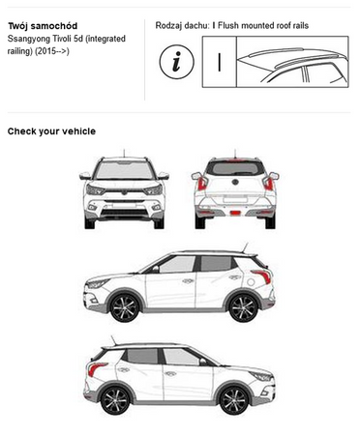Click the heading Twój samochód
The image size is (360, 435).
(x=43, y=26)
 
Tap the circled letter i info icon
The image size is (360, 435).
(x=176, y=62)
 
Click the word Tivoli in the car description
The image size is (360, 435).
(x=63, y=39)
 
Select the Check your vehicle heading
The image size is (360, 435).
(x=51, y=131)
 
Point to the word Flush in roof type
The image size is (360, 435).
(x=228, y=25)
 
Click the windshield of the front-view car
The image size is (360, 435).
(x=124, y=170)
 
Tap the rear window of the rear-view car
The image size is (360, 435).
(x=235, y=168)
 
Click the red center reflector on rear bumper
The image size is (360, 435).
(x=235, y=213)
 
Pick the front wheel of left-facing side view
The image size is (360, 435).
(x=124, y=307)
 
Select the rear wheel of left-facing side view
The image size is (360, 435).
(x=243, y=307)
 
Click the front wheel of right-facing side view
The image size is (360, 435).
(x=234, y=401)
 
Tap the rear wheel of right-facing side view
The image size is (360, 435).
(x=115, y=401)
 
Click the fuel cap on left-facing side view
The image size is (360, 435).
(x=251, y=282)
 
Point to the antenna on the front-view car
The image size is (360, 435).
(x=124, y=154)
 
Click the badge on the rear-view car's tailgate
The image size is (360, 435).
(x=235, y=182)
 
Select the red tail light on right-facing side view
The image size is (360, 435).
(x=96, y=368)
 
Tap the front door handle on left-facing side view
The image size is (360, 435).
(x=188, y=281)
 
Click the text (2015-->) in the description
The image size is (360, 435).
(x=52, y=51)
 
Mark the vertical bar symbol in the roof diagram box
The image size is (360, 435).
(x=220, y=62)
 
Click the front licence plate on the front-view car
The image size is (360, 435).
(x=124, y=205)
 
